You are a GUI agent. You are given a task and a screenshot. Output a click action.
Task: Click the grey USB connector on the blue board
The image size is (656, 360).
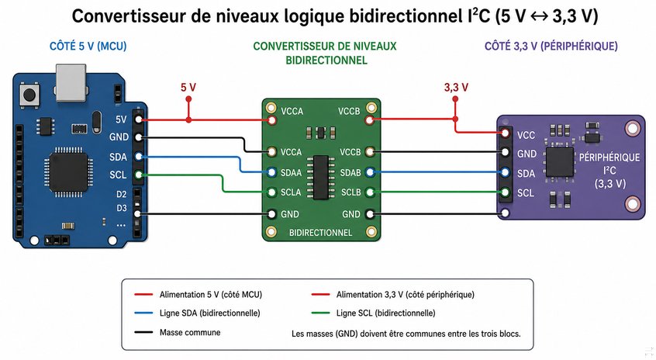(71, 82)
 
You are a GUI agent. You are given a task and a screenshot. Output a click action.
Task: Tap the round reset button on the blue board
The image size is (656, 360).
(29, 95)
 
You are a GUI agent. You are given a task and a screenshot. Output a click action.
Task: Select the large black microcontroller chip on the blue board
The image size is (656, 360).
(69, 171)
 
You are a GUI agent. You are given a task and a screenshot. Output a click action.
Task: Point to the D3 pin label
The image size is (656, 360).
(121, 208)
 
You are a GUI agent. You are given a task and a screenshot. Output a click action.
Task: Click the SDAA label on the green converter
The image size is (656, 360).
(292, 172)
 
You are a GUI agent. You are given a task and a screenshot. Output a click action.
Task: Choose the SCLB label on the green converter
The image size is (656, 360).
(351, 192)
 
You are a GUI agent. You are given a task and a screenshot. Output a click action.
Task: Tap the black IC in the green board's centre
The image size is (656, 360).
(321, 177)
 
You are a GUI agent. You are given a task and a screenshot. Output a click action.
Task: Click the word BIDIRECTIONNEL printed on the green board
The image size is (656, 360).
(320, 233)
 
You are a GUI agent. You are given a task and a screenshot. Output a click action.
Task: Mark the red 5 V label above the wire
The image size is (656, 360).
(188, 87)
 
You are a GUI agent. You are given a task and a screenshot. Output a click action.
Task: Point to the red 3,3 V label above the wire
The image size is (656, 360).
(456, 88)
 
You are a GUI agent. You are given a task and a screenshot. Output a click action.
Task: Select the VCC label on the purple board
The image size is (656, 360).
(526, 135)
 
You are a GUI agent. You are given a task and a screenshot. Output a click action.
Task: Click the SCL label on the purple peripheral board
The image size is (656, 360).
(526, 193)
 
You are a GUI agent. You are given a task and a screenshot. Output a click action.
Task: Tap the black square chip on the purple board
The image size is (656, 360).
(559, 162)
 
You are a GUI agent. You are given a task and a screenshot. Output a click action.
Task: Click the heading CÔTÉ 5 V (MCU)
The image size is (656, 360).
(88, 46)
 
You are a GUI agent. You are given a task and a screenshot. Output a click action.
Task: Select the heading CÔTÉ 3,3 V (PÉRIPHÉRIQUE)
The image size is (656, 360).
(551, 46)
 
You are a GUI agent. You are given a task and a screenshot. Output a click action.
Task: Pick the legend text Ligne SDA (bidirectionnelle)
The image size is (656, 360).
(210, 313)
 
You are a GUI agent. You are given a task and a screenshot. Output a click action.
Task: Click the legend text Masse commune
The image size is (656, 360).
(190, 332)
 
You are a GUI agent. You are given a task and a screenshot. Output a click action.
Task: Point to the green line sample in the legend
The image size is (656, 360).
(320, 313)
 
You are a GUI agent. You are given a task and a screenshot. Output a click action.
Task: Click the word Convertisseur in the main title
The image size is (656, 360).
(129, 16)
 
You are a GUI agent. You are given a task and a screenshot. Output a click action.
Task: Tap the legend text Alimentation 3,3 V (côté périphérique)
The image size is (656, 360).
(406, 295)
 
